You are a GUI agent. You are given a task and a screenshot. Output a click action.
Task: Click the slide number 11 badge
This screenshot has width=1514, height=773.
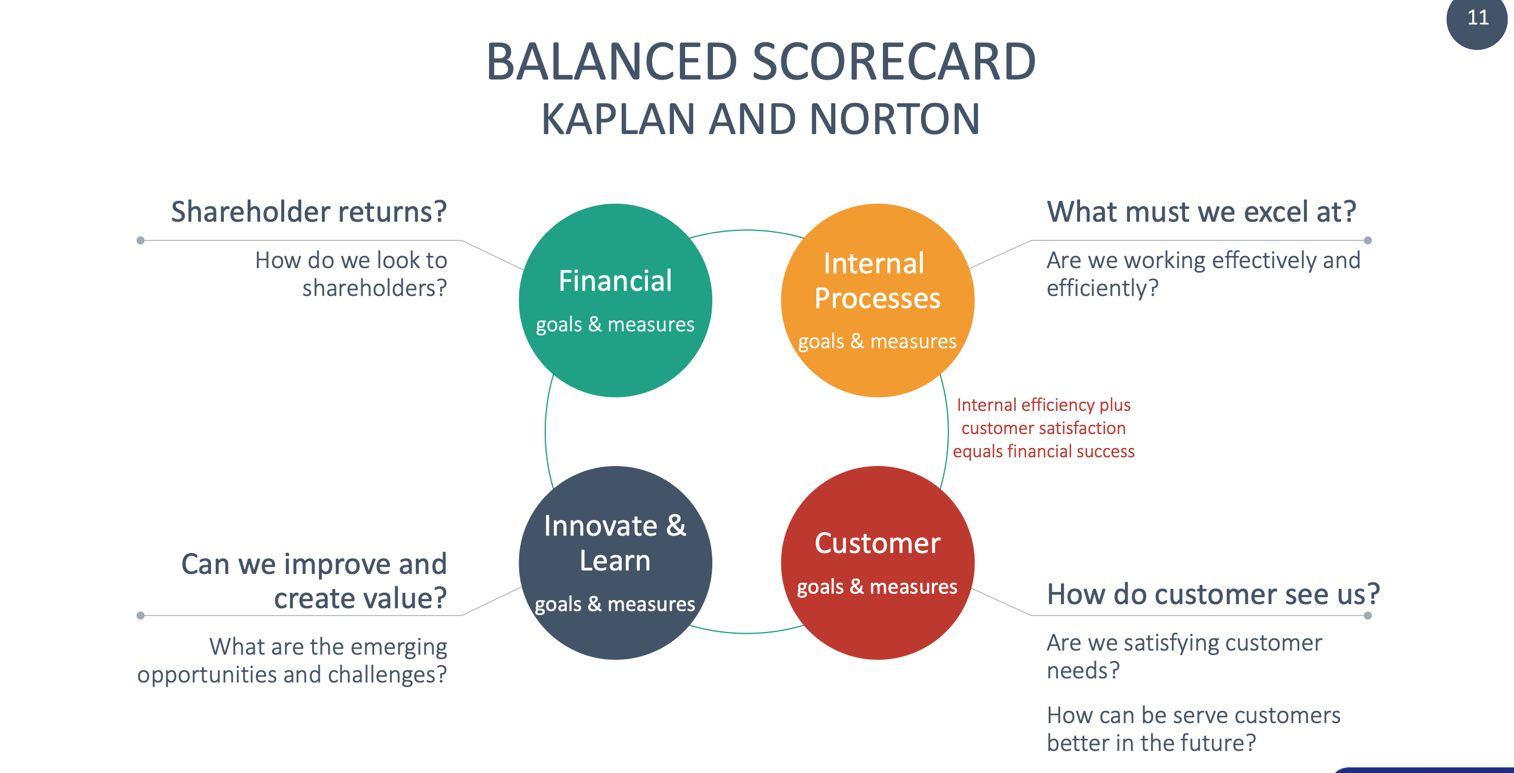[1477, 19]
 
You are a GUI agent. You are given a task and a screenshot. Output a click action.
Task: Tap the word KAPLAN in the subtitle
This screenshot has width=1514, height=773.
[618, 120]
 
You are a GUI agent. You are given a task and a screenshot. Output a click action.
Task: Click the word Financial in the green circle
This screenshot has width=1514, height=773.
[615, 281]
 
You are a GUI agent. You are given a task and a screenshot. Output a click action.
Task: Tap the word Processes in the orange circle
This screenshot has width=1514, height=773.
[877, 299]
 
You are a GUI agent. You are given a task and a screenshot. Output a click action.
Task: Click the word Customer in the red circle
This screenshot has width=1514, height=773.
[877, 543]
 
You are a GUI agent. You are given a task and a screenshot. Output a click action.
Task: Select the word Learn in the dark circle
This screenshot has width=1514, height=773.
[615, 561]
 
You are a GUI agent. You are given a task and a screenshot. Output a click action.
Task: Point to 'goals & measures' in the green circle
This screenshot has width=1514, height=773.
[615, 324]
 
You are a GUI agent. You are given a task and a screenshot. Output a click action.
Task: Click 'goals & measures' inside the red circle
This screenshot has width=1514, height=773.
[877, 587]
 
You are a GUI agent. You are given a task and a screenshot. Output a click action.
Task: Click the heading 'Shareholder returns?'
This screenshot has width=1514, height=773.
[309, 212]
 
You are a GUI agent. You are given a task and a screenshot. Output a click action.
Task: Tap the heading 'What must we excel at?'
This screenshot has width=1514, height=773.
[1201, 212]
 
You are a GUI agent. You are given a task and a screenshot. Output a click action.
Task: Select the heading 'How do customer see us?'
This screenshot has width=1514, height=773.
[1213, 594]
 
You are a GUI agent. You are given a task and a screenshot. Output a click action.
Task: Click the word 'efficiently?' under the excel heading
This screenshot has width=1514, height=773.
[1103, 288]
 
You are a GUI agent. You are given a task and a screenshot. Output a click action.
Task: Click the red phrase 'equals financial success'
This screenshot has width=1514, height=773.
[1043, 451]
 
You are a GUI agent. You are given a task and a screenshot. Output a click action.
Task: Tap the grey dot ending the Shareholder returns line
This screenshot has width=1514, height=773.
[140, 240]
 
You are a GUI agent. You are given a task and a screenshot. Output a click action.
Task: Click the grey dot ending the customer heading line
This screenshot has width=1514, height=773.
[1368, 616]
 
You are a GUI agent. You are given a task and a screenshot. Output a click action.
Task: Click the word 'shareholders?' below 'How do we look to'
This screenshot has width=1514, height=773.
[374, 288]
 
